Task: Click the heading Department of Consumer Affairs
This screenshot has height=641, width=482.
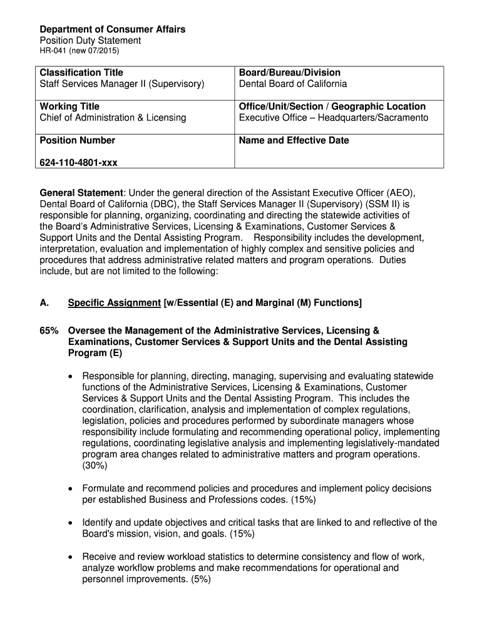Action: (113, 29)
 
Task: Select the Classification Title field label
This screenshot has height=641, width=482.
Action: (81, 73)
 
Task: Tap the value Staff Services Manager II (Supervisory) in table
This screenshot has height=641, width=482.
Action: (122, 84)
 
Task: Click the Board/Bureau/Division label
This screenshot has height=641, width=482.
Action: (290, 73)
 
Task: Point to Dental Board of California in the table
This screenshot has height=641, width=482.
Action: (292, 84)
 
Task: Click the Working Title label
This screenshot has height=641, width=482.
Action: (69, 106)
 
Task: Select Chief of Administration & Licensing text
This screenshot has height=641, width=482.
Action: (113, 118)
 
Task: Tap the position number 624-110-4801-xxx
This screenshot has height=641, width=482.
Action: (78, 163)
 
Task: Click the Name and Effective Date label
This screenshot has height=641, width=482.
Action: (294, 140)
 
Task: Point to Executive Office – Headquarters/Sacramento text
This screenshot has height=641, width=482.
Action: (334, 118)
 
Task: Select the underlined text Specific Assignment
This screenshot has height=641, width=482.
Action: (114, 303)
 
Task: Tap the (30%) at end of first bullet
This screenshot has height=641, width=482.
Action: (95, 466)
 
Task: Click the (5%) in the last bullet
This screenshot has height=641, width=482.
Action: (197, 580)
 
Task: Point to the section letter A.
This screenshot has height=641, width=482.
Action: (44, 303)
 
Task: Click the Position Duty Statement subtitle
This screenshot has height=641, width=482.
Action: (91, 40)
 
